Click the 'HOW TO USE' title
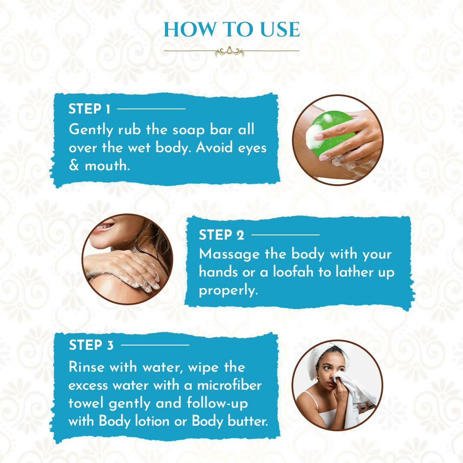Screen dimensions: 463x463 (232, 29)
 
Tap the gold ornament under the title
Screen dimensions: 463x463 (229, 51)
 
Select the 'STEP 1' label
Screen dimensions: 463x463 (90, 108)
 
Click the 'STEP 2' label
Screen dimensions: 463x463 (222, 235)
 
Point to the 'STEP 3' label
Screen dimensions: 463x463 (91, 345)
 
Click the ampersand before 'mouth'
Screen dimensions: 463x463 (74, 165)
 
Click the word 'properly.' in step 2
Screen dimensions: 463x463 (228, 291)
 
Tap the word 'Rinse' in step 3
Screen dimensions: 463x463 (86, 367)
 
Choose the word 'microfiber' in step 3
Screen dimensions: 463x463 (229, 385)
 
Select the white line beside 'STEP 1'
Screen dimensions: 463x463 (151, 108)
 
